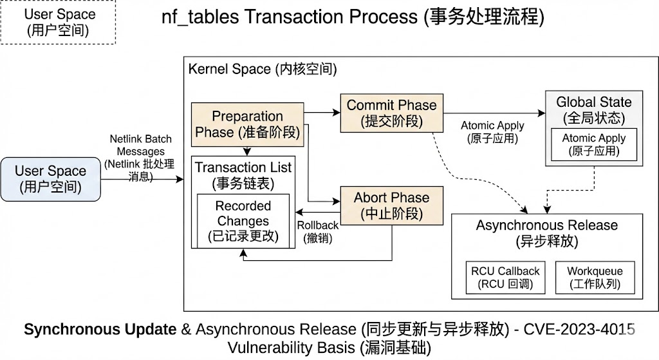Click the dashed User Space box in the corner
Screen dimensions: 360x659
57,22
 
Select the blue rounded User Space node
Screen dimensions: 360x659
50,179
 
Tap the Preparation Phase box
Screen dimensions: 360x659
248,124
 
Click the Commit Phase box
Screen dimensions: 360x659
391,113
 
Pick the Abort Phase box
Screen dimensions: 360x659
391,205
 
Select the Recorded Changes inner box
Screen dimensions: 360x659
243,221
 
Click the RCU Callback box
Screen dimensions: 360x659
505,278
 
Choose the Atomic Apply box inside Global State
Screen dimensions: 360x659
593,145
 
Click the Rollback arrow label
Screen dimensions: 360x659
317,232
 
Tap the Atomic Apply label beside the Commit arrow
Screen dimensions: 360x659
492,131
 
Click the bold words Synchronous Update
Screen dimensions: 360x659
100,330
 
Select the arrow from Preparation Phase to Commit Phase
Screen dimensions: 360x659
322,113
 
